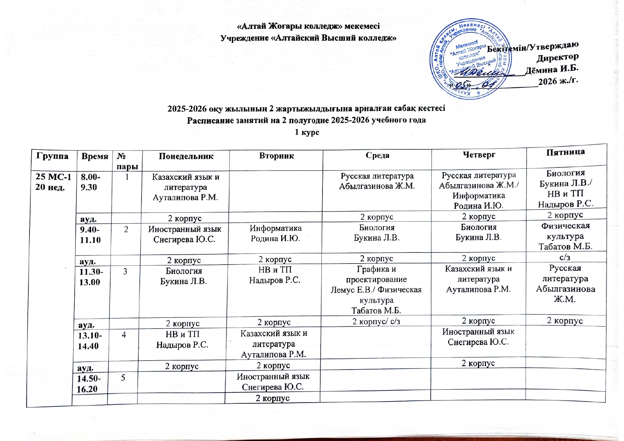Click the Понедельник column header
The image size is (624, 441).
click(x=186, y=156)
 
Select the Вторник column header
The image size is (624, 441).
click(x=276, y=156)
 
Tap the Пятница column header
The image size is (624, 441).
click(x=565, y=152)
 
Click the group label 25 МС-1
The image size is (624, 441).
click(x=53, y=177)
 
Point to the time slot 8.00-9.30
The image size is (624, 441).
click(x=90, y=182)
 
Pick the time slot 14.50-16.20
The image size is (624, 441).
click(x=89, y=383)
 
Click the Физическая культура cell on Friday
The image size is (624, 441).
click(x=565, y=236)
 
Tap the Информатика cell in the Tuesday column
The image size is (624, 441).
click(x=276, y=233)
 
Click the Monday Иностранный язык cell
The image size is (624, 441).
click(x=185, y=234)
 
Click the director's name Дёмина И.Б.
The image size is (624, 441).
click(x=551, y=69)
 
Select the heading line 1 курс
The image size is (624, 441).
click(x=307, y=132)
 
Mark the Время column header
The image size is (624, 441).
click(x=95, y=156)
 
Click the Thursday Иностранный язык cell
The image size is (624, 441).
click(x=478, y=337)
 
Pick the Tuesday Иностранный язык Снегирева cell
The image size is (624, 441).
click(x=273, y=382)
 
